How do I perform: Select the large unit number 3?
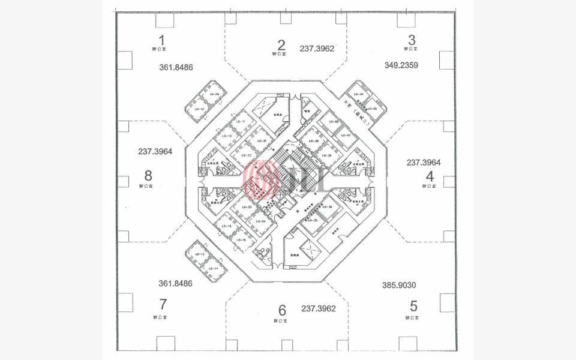pos(412,41)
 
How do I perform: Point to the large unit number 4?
pos(429,176)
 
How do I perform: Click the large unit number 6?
pos(282,310)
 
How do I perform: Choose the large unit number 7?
pos(162,305)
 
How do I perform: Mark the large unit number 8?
pos(148,176)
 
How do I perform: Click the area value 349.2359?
pos(401,65)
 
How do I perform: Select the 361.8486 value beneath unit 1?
pos(176,67)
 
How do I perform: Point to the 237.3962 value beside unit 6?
pos(318,308)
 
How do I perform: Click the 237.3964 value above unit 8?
pos(155,152)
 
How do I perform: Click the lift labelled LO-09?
pos(211,95)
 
